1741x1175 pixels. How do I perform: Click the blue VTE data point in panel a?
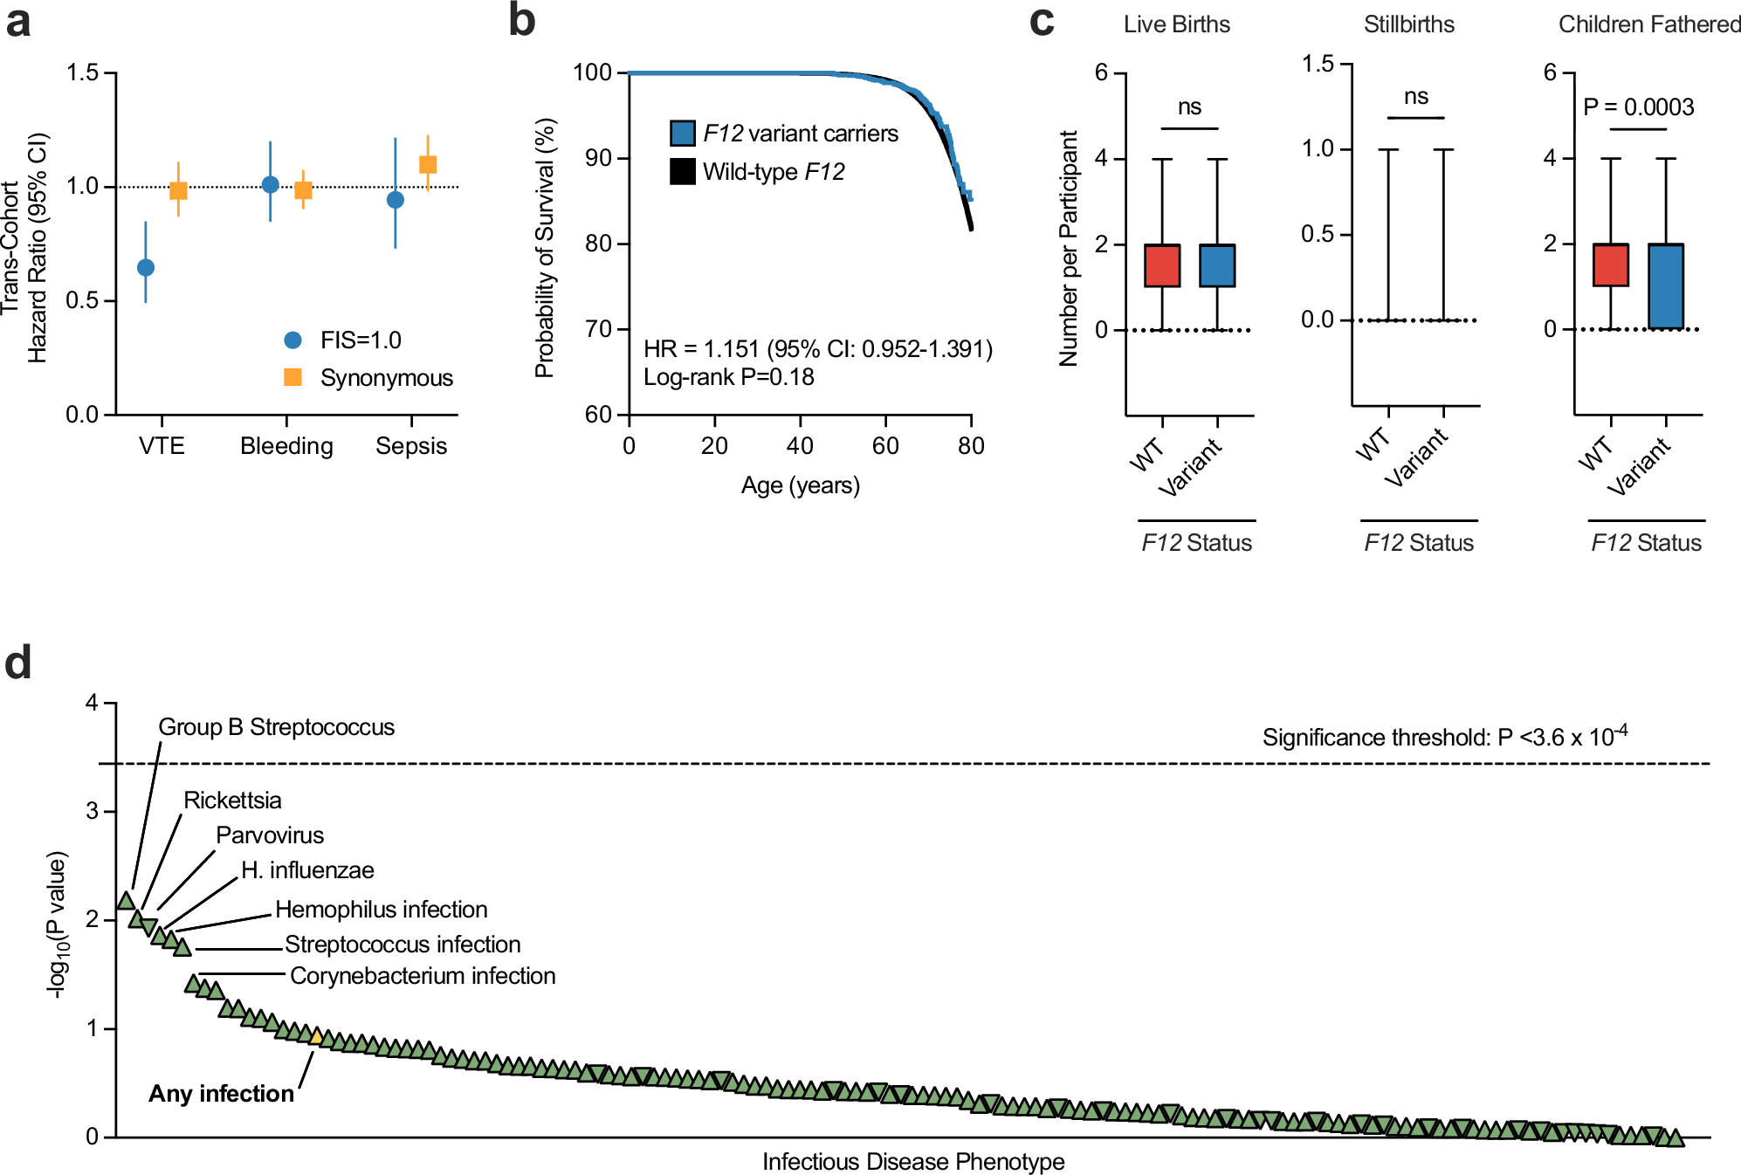coord(146,267)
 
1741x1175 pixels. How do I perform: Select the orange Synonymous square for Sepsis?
coord(428,164)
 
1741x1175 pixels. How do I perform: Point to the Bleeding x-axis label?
coord(286,446)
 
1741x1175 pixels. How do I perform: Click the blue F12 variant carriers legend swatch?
coord(682,133)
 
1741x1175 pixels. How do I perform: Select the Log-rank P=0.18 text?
coord(728,377)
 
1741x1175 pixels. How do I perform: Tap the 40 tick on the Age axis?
coord(800,446)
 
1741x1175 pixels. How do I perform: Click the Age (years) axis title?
coord(800,485)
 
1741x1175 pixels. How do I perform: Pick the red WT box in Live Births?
coord(1162,265)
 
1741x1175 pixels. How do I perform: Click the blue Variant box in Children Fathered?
coord(1666,286)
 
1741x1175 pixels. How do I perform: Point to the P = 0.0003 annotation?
coord(1638,107)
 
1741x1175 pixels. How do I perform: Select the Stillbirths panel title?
coord(1408,24)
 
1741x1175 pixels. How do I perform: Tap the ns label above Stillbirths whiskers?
coord(1415,97)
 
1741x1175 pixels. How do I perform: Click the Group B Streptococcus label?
coord(276,727)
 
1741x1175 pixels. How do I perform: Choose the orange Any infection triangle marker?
coord(317,1036)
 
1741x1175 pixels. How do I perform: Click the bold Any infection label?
coord(221,1094)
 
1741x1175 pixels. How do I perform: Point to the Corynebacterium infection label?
coord(423,976)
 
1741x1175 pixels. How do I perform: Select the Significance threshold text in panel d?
coord(1444,738)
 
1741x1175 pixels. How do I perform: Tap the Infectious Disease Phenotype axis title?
coord(913,1162)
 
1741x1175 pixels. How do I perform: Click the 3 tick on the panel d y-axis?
coord(93,811)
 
